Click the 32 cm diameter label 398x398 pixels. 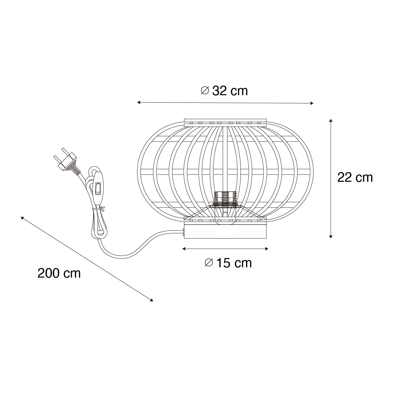click(x=224, y=91)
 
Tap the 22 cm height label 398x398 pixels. click(x=355, y=177)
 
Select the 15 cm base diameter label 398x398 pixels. click(x=228, y=263)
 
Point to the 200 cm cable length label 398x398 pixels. click(x=59, y=273)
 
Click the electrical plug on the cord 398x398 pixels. click(x=67, y=162)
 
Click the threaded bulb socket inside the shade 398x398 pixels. click(x=225, y=198)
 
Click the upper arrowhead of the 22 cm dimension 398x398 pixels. click(x=331, y=120)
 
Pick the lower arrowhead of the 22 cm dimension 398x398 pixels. click(x=331, y=237)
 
